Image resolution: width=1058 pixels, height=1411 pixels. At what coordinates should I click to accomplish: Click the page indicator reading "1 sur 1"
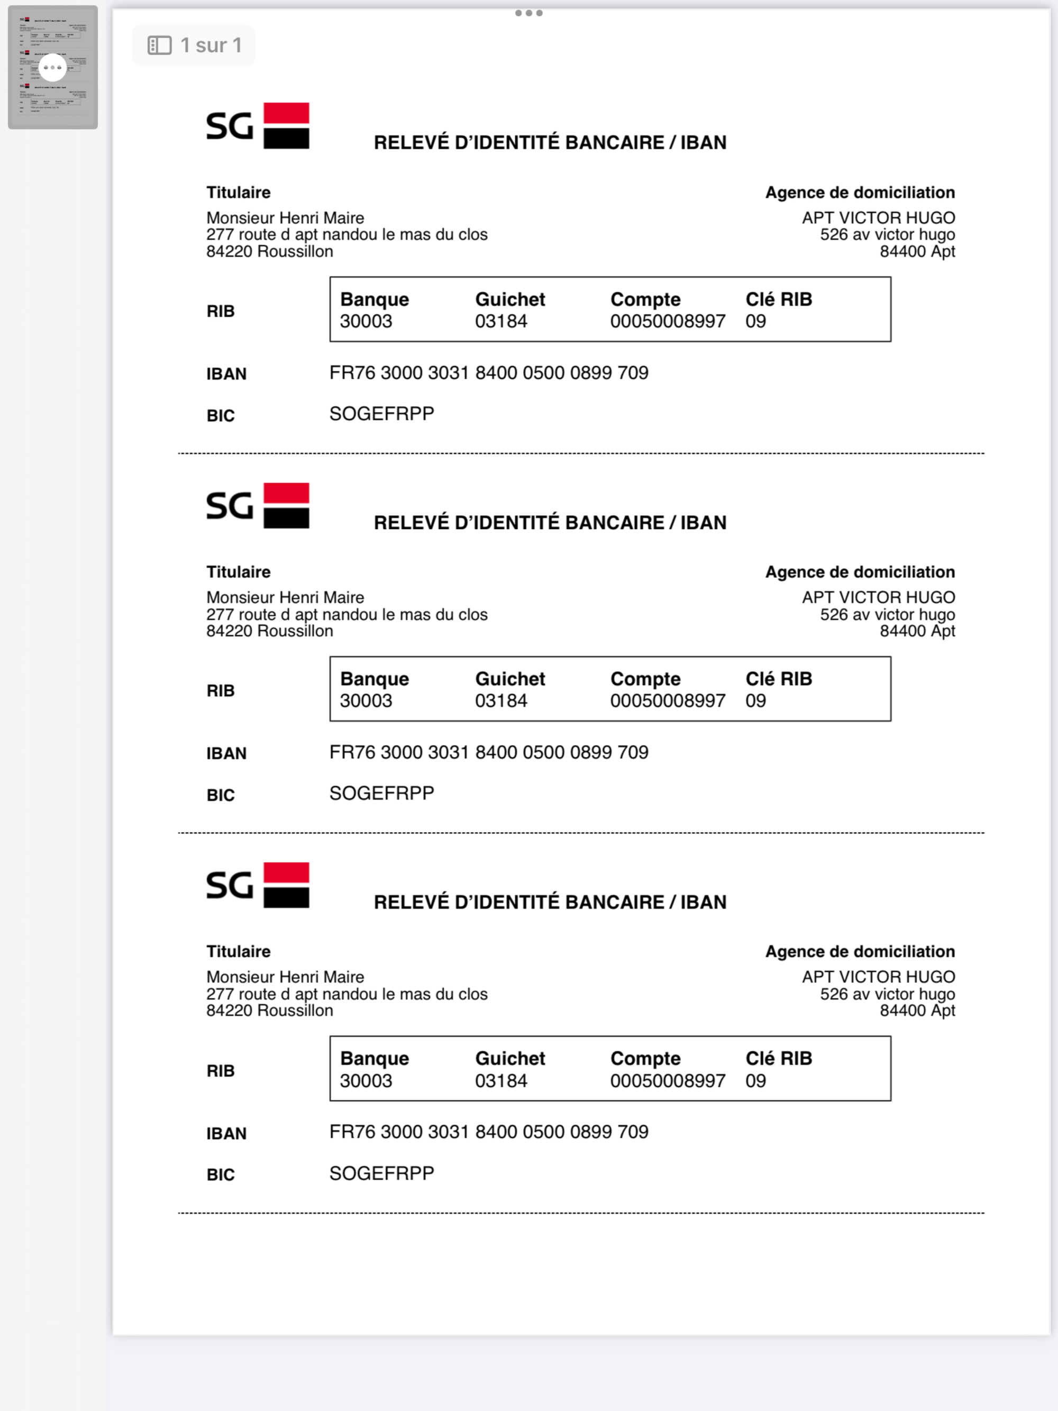pos(211,45)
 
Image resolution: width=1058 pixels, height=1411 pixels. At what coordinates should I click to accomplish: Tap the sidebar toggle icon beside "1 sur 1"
pos(159,45)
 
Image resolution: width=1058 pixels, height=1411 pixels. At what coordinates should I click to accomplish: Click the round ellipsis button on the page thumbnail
pos(52,67)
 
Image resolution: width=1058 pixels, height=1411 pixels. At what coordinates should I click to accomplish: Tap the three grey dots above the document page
pos(528,13)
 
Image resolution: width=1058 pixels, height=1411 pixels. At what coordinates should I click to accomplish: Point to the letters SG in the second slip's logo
pos(230,506)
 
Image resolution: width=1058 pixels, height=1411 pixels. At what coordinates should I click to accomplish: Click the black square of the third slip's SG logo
pos(286,896)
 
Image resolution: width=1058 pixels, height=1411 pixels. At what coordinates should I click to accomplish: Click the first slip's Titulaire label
pos(238,192)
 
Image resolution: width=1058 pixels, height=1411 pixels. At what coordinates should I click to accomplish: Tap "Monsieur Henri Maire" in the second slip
pos(285,597)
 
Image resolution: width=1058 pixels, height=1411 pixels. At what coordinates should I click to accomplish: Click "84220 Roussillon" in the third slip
pos(269,1011)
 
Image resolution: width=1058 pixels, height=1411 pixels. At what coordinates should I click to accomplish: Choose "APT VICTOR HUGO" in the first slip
pos(878,217)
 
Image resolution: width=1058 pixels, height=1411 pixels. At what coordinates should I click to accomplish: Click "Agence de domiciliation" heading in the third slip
pos(860,951)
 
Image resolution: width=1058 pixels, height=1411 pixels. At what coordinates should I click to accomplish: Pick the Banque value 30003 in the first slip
pos(366,321)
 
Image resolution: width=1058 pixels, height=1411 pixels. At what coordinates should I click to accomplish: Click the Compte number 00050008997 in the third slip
pos(667,1080)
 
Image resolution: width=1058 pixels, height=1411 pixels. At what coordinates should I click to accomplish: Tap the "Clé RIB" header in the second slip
pos(779,679)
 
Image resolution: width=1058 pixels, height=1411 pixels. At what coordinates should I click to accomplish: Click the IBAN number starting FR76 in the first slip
pos(488,372)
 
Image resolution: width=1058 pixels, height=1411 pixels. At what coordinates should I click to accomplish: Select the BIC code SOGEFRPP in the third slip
pos(381,1173)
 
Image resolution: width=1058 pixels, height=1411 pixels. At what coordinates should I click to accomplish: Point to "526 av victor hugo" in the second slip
pos(887,614)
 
